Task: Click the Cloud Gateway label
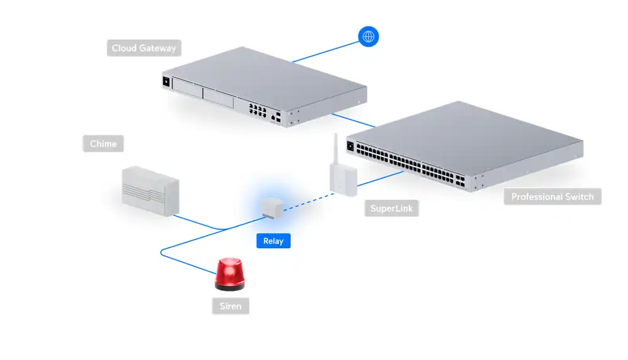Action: coord(144,48)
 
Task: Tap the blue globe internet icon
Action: coord(368,36)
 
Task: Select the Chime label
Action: coord(103,144)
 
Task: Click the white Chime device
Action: coord(150,190)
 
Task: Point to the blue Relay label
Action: coord(273,241)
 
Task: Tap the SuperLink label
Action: coord(391,209)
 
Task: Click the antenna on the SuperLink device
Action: coord(335,148)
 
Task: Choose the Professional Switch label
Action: coord(552,197)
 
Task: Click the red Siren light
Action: coord(230,272)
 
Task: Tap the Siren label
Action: coord(230,307)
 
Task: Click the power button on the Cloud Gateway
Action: coord(166,81)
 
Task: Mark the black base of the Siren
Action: coord(230,287)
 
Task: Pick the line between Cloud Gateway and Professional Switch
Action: coord(352,120)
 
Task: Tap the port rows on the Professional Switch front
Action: coord(408,161)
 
